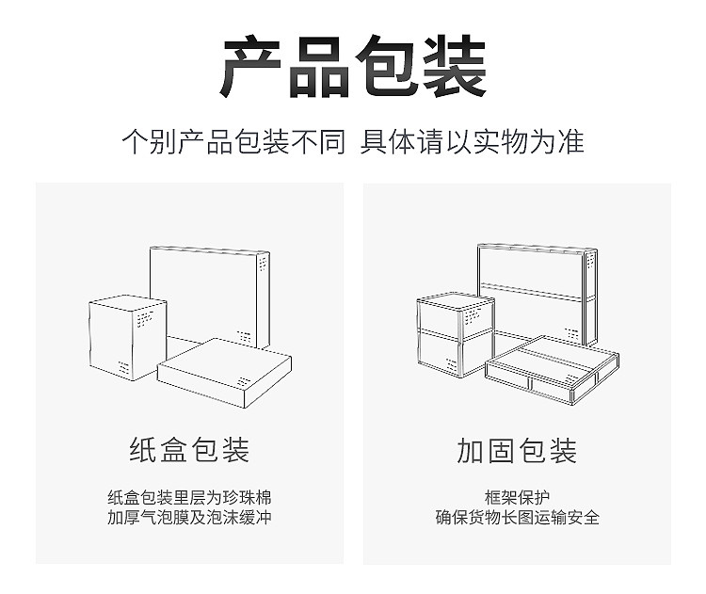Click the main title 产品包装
(x=353, y=68)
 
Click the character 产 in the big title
(x=253, y=68)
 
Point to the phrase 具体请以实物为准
(x=473, y=141)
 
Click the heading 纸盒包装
(x=189, y=450)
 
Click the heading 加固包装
(x=517, y=450)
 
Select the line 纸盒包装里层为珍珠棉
(x=189, y=498)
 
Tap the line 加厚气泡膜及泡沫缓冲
(x=189, y=518)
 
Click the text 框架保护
(x=517, y=498)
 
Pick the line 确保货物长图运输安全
(x=517, y=518)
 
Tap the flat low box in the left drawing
(x=224, y=372)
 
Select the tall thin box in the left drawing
(x=212, y=292)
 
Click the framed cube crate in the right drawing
(x=455, y=334)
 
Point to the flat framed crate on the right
(x=552, y=370)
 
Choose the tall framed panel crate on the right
(x=537, y=287)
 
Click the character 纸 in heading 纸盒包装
(x=143, y=450)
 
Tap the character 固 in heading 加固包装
(x=502, y=450)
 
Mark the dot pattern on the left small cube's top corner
(x=144, y=320)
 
